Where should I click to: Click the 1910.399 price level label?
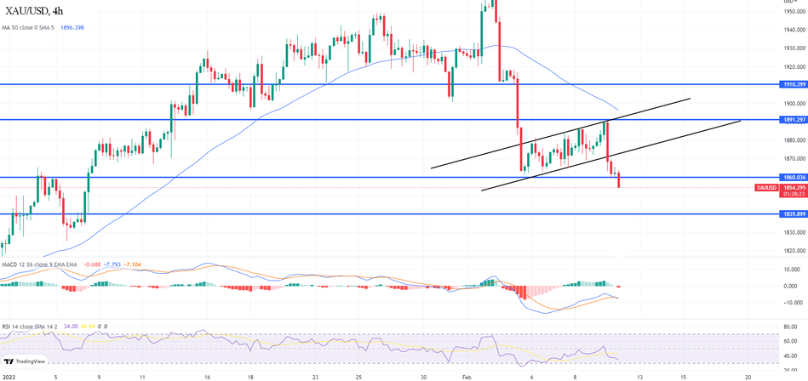pyautogui.click(x=793, y=85)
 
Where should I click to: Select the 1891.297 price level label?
pyautogui.click(x=793, y=120)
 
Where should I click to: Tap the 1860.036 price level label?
pyautogui.click(x=793, y=177)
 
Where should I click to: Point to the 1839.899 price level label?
pyautogui.click(x=793, y=214)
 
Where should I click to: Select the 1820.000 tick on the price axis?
pyautogui.click(x=793, y=251)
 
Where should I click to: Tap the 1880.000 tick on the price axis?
pyautogui.click(x=793, y=140)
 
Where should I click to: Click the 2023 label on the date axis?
pyautogui.click(x=9, y=375)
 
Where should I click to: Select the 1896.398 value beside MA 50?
pyautogui.click(x=72, y=27)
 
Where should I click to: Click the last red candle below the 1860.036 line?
pyautogui.click(x=618, y=179)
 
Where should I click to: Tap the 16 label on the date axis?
pyautogui.click(x=206, y=375)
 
